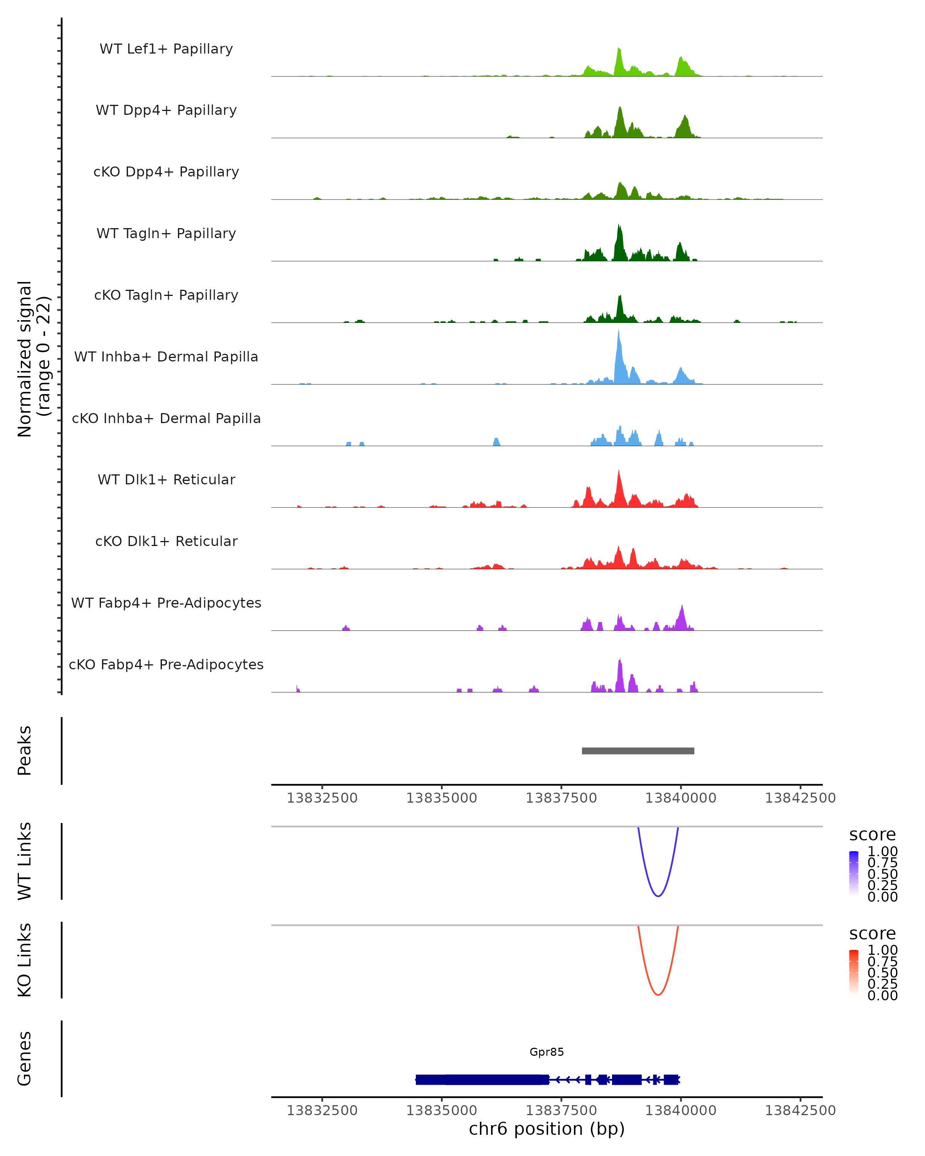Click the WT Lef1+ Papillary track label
166,49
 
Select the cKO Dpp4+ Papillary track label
166,172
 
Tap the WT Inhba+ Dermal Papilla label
166,357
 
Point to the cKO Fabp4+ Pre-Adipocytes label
166,665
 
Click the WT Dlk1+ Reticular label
166,480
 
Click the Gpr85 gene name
547,1052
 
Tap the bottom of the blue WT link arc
658,896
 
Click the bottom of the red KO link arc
658,995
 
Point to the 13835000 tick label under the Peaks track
441,798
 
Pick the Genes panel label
25,1059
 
